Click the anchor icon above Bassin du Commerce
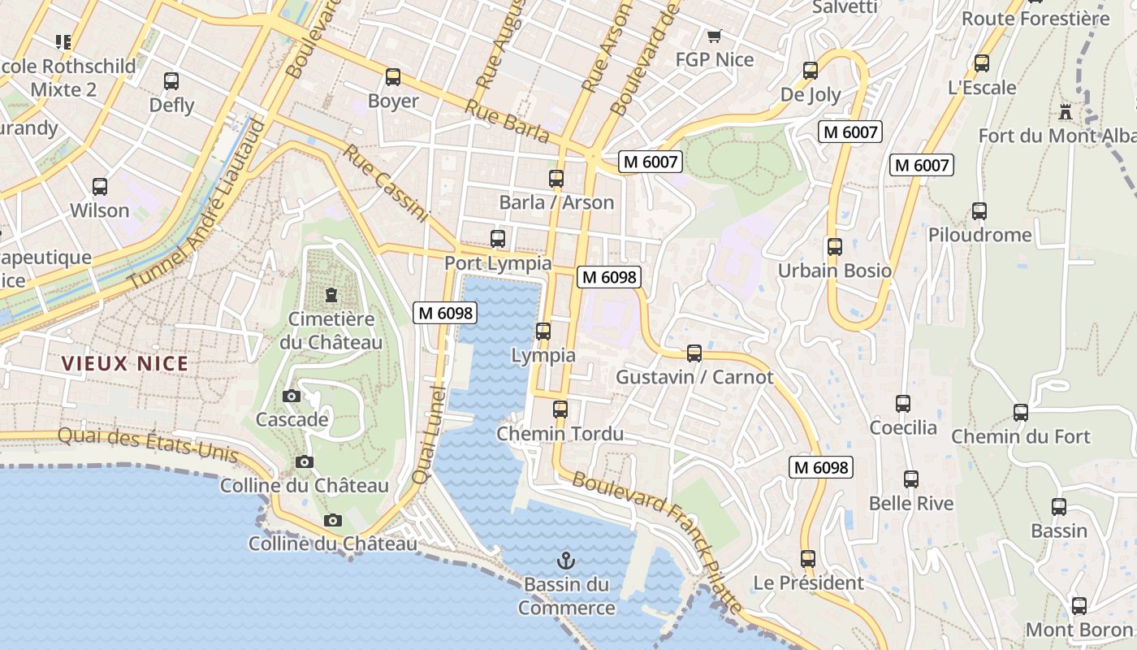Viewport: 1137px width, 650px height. (x=566, y=560)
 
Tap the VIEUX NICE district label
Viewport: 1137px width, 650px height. (x=126, y=363)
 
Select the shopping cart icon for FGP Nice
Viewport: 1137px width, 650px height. (x=715, y=36)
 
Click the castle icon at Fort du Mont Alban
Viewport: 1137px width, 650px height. (x=1066, y=111)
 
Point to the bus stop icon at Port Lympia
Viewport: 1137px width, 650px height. (x=498, y=239)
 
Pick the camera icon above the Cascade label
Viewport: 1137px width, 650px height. (x=292, y=396)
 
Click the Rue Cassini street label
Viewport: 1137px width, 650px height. (x=385, y=183)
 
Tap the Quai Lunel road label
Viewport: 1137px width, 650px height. (x=430, y=435)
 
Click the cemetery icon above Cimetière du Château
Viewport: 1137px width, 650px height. (x=331, y=294)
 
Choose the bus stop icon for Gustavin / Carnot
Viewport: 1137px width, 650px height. (x=694, y=353)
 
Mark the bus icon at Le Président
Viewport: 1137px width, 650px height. (x=807, y=559)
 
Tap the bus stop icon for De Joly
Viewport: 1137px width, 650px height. (x=811, y=71)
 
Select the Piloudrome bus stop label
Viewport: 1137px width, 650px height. (x=979, y=235)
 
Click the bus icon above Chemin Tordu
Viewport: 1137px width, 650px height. (x=560, y=409)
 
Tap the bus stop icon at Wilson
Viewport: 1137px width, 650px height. (x=100, y=187)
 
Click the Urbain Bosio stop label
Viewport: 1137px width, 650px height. (x=834, y=271)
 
